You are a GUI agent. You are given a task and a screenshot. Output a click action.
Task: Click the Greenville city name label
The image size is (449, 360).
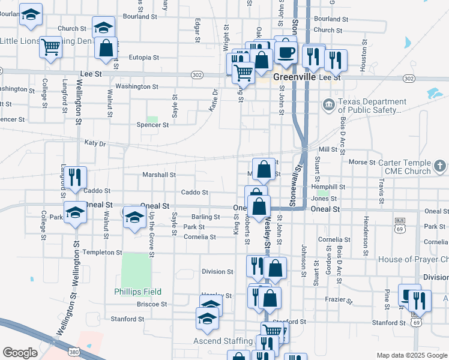[295, 77]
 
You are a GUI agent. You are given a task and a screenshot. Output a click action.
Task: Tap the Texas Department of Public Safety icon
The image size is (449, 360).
[329, 106]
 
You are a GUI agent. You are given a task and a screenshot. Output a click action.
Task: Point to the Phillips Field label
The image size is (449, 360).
[137, 292]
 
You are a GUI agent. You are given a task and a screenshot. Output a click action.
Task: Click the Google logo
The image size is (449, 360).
[20, 352]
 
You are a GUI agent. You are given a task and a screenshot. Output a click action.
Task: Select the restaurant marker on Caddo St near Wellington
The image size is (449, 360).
[75, 177]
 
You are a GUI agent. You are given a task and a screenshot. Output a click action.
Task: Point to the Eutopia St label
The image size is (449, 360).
[144, 58]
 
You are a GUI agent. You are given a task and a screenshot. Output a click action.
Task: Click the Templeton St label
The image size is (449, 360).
[102, 253]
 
